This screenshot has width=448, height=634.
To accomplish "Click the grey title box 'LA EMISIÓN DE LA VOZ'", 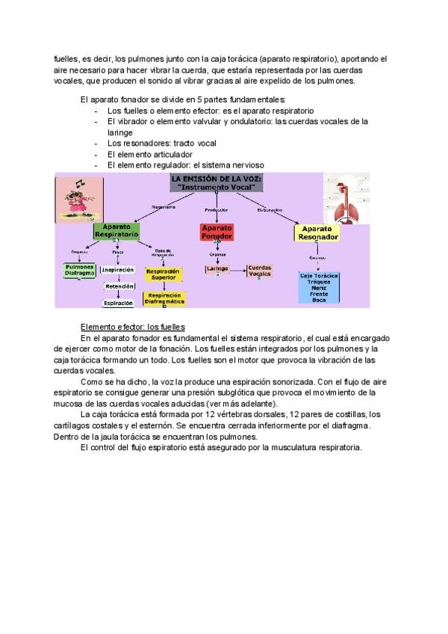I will coord(214,184).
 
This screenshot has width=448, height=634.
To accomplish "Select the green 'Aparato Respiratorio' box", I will coord(116,230).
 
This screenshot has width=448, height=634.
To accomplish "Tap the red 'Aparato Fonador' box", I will coord(217,232).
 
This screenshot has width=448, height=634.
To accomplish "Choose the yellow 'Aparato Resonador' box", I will coord(318,233).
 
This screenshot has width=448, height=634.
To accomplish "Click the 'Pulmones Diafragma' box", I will coord(79,270).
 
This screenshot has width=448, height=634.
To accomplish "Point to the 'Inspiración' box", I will coord(117,270).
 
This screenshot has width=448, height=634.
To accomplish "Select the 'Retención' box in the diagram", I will coord(119,286).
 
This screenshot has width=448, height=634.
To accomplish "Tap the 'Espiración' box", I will coord(119,303).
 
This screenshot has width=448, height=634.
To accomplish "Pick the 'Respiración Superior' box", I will coord(164,274).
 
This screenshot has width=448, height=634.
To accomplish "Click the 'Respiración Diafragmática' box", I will coord(164,298).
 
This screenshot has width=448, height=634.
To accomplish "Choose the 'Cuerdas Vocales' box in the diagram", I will coord(260,270).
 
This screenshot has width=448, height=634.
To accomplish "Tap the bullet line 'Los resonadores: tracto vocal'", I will coord(151,143).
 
